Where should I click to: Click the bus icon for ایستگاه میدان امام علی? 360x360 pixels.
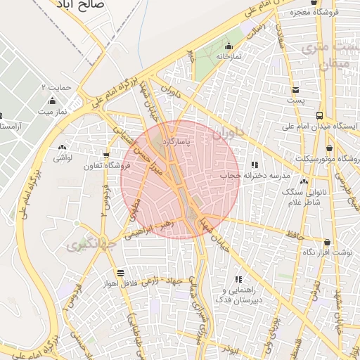320,115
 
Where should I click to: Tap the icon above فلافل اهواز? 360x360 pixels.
122,273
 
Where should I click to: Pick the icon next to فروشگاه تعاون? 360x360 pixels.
107,155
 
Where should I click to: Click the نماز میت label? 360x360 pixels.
51,112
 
